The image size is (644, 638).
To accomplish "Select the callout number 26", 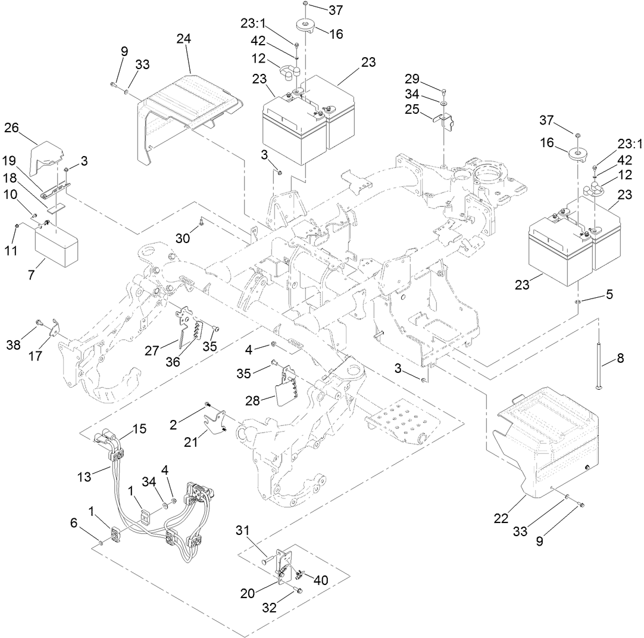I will pyautogui.click(x=12, y=128).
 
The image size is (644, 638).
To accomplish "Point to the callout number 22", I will pyautogui.click(x=502, y=518).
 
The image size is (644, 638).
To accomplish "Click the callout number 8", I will pyautogui.click(x=620, y=359).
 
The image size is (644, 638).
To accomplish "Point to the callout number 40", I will pyautogui.click(x=320, y=580).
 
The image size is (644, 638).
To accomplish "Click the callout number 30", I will pyautogui.click(x=183, y=238).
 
